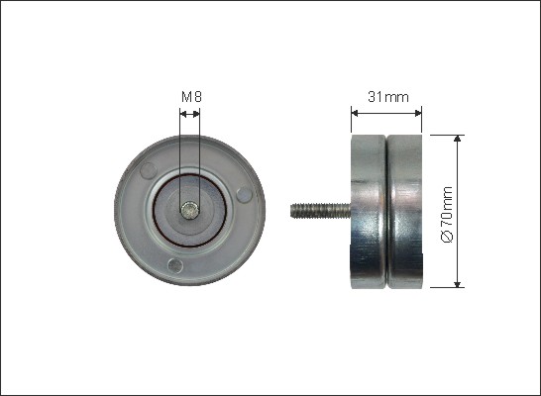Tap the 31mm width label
[x=386, y=96]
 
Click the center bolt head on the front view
[x=189, y=209]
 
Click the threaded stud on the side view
[x=319, y=210]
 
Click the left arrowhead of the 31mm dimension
[x=355, y=112]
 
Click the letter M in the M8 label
[x=184, y=96]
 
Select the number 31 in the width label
[x=374, y=96]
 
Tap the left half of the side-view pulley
[x=369, y=210]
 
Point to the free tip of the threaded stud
[x=293, y=210]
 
